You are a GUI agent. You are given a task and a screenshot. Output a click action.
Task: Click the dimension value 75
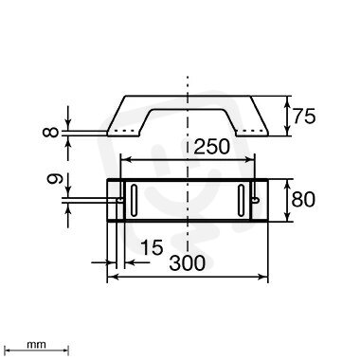(304, 117)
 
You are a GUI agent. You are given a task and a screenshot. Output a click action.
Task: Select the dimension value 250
(211, 147)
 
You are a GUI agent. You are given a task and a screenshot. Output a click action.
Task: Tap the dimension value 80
(303, 199)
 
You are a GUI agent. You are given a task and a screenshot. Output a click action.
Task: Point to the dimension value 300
(188, 262)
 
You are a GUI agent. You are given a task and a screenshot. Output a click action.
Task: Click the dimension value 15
(152, 246)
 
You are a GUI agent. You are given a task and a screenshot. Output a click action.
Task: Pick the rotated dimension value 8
(50, 132)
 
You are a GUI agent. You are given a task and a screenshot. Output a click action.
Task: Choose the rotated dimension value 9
(55, 179)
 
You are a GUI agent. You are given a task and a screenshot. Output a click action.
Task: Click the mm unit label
(36, 345)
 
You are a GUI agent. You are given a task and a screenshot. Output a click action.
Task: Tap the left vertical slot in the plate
(134, 201)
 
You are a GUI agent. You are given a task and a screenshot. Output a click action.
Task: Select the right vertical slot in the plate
(242, 201)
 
